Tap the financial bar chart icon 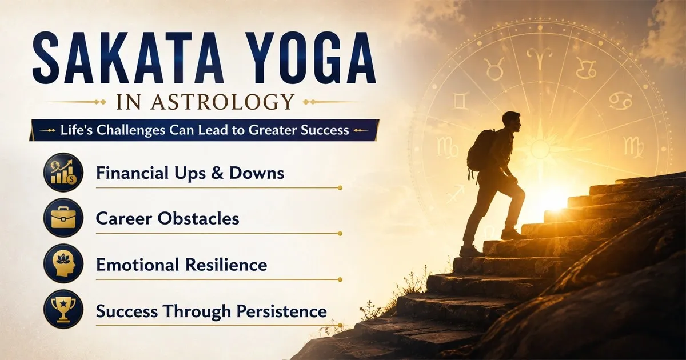pos(63,173)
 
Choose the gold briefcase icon pos(63,218)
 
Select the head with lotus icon pos(63,263)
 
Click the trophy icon pos(63,309)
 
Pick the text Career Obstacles pos(167,218)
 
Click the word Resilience pos(226,265)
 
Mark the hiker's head pos(512,122)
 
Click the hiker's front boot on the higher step pos(512,234)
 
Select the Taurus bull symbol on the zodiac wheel pos(494,69)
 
